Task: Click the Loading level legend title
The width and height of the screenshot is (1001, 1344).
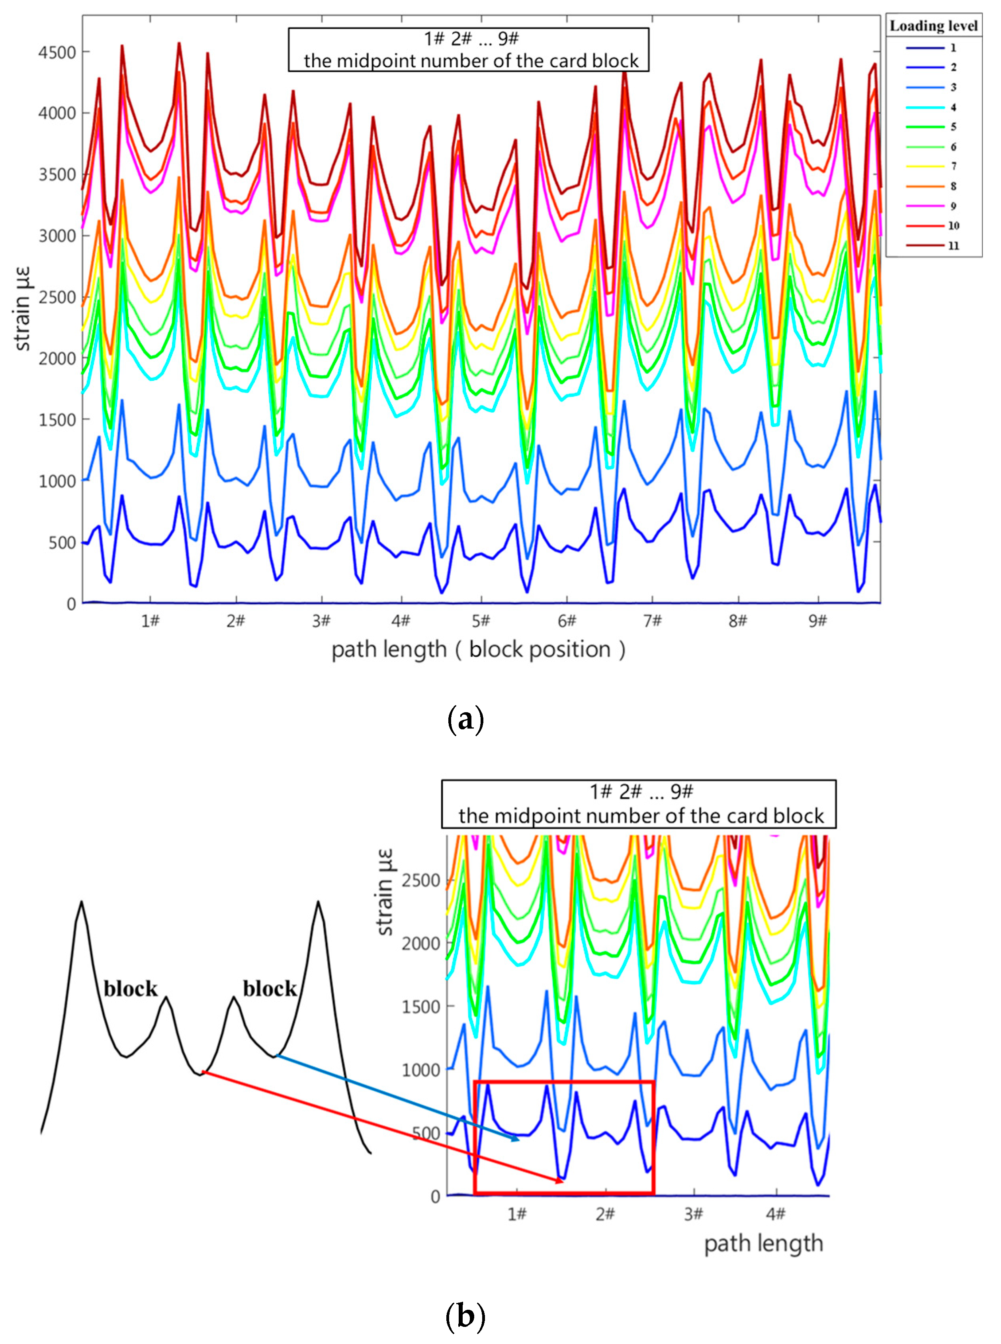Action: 933,26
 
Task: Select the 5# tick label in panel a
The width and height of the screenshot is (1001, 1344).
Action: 481,621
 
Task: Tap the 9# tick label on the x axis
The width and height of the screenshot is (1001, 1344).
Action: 817,621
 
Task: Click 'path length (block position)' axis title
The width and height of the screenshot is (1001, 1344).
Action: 478,649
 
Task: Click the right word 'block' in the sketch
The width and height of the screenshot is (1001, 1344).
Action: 270,988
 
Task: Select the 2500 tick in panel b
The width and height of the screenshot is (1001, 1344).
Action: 421,880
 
